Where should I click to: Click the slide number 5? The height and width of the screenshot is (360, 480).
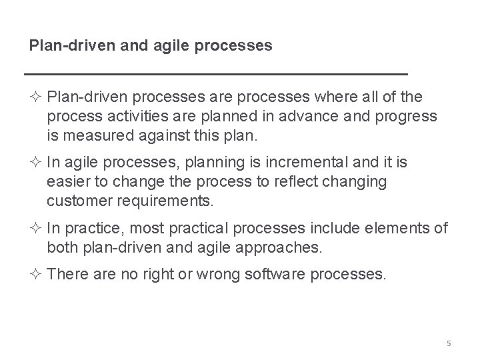[x=449, y=343]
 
